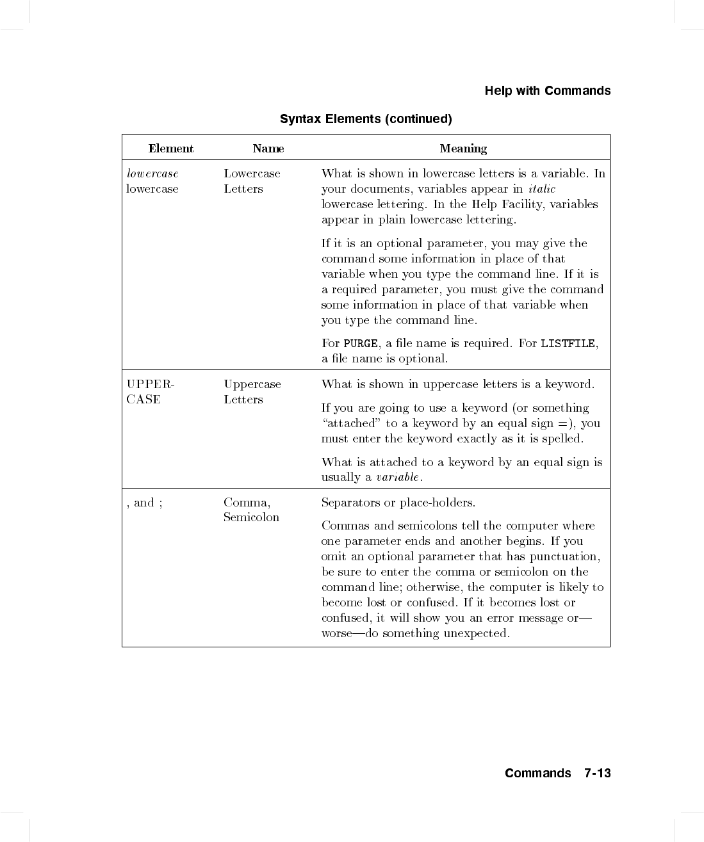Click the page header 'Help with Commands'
point(547,91)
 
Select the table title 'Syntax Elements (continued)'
point(366,119)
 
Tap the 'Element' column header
point(170,149)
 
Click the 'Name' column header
point(268,149)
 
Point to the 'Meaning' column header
point(463,149)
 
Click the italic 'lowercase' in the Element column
point(152,174)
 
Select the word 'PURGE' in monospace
point(361,344)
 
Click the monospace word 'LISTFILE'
point(568,344)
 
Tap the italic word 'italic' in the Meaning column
point(542,189)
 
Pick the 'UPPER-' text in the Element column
point(151,384)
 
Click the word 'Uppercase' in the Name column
point(252,384)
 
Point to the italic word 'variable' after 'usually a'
point(397,477)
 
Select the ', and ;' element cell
point(145,503)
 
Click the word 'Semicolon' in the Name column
point(251,517)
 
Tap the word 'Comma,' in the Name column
point(247,503)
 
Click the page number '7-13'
point(598,773)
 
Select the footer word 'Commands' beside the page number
point(537,773)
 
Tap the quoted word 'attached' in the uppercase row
point(350,423)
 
